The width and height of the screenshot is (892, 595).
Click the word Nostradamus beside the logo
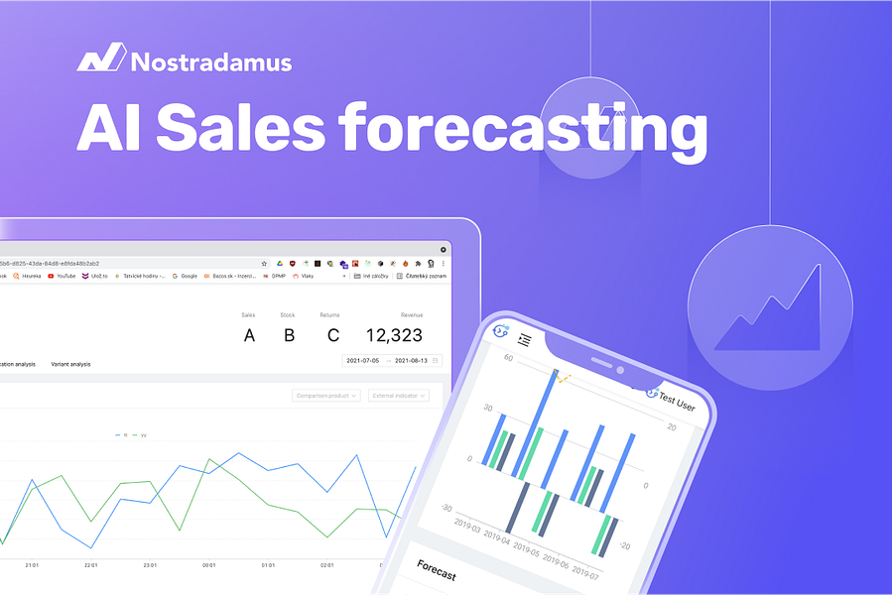[x=211, y=62]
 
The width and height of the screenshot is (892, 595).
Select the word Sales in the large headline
[x=241, y=129]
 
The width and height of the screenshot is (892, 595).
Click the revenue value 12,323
[x=394, y=335]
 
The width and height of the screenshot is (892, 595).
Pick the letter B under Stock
[x=289, y=335]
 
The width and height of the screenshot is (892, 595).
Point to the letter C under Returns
[x=332, y=335]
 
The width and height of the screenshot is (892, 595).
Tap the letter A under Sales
[x=249, y=335]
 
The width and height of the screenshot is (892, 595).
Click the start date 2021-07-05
[x=366, y=361]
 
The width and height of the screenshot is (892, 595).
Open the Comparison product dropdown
[x=326, y=395]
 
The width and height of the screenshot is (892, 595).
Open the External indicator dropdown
[x=398, y=395]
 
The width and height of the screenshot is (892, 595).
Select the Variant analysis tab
[x=70, y=364]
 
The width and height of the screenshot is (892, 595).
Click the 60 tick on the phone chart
[x=508, y=358]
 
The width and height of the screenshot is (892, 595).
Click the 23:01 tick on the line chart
[x=150, y=566]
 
